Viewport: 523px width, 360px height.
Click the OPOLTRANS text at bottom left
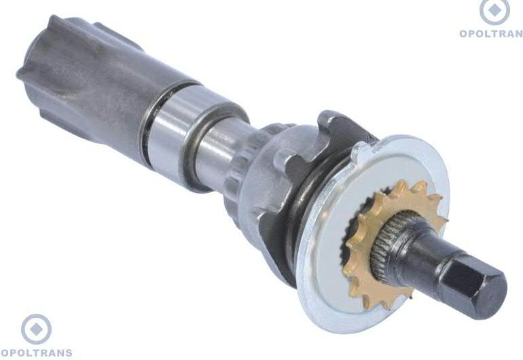tap(37, 353)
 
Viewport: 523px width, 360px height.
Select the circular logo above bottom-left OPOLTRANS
tap(37, 329)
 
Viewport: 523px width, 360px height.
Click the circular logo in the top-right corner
tap(494, 11)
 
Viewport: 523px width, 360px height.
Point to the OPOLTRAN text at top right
tap(491, 33)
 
